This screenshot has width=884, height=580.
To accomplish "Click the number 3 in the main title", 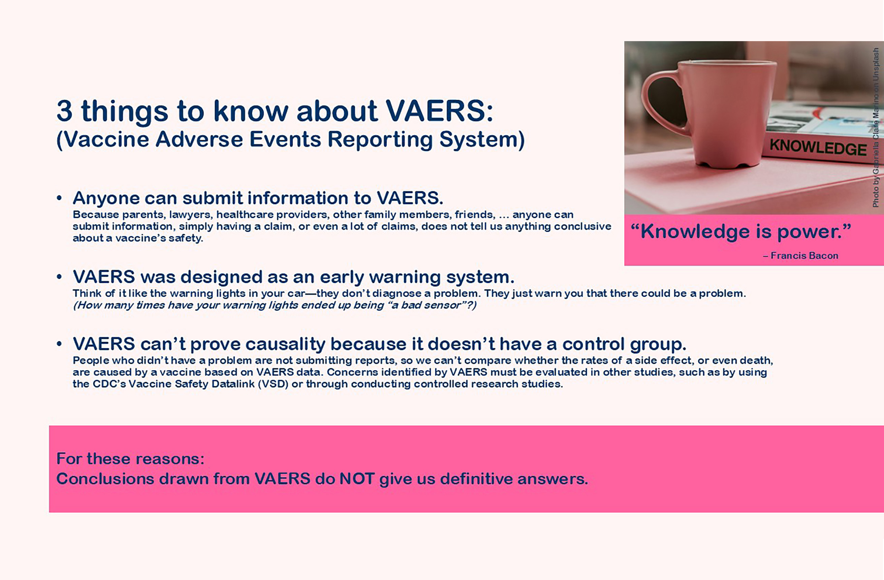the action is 64,111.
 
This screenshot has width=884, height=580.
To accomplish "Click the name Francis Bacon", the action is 804,256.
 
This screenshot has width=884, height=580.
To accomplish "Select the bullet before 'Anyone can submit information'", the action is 59,198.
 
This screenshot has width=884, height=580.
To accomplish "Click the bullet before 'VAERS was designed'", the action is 59,277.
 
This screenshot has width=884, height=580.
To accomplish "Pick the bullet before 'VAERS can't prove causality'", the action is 59,344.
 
